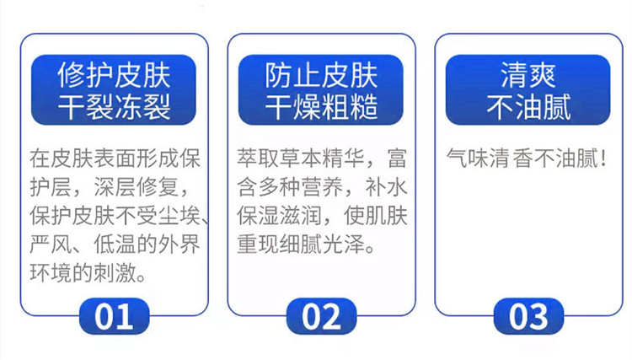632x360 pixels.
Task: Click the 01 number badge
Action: coord(114,316)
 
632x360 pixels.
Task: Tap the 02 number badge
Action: coord(321,316)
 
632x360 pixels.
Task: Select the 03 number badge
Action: coord(528,316)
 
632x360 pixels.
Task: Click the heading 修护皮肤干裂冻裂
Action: coord(114,90)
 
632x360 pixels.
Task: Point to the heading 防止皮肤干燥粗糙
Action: coord(321,90)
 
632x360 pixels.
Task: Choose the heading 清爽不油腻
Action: coord(528,90)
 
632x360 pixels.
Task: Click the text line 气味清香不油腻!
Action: coord(527,158)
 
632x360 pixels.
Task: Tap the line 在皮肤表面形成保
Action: coord(115,158)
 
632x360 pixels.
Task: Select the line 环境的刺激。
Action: coord(88,273)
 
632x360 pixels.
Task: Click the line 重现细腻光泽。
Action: coord(307,244)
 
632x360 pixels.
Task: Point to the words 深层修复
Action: coord(136,186)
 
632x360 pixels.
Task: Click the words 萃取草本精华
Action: coord(301,158)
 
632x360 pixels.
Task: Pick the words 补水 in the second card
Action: coord(386,186)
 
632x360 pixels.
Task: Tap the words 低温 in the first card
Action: coord(115,244)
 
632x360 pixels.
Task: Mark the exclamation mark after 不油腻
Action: coord(603,158)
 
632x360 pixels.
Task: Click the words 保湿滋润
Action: coord(279,216)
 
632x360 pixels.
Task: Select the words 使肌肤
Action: coord(375,216)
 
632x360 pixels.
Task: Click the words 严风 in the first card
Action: coord(51,244)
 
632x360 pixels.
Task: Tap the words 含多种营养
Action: coord(290,186)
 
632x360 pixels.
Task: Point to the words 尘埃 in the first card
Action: coord(179,216)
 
